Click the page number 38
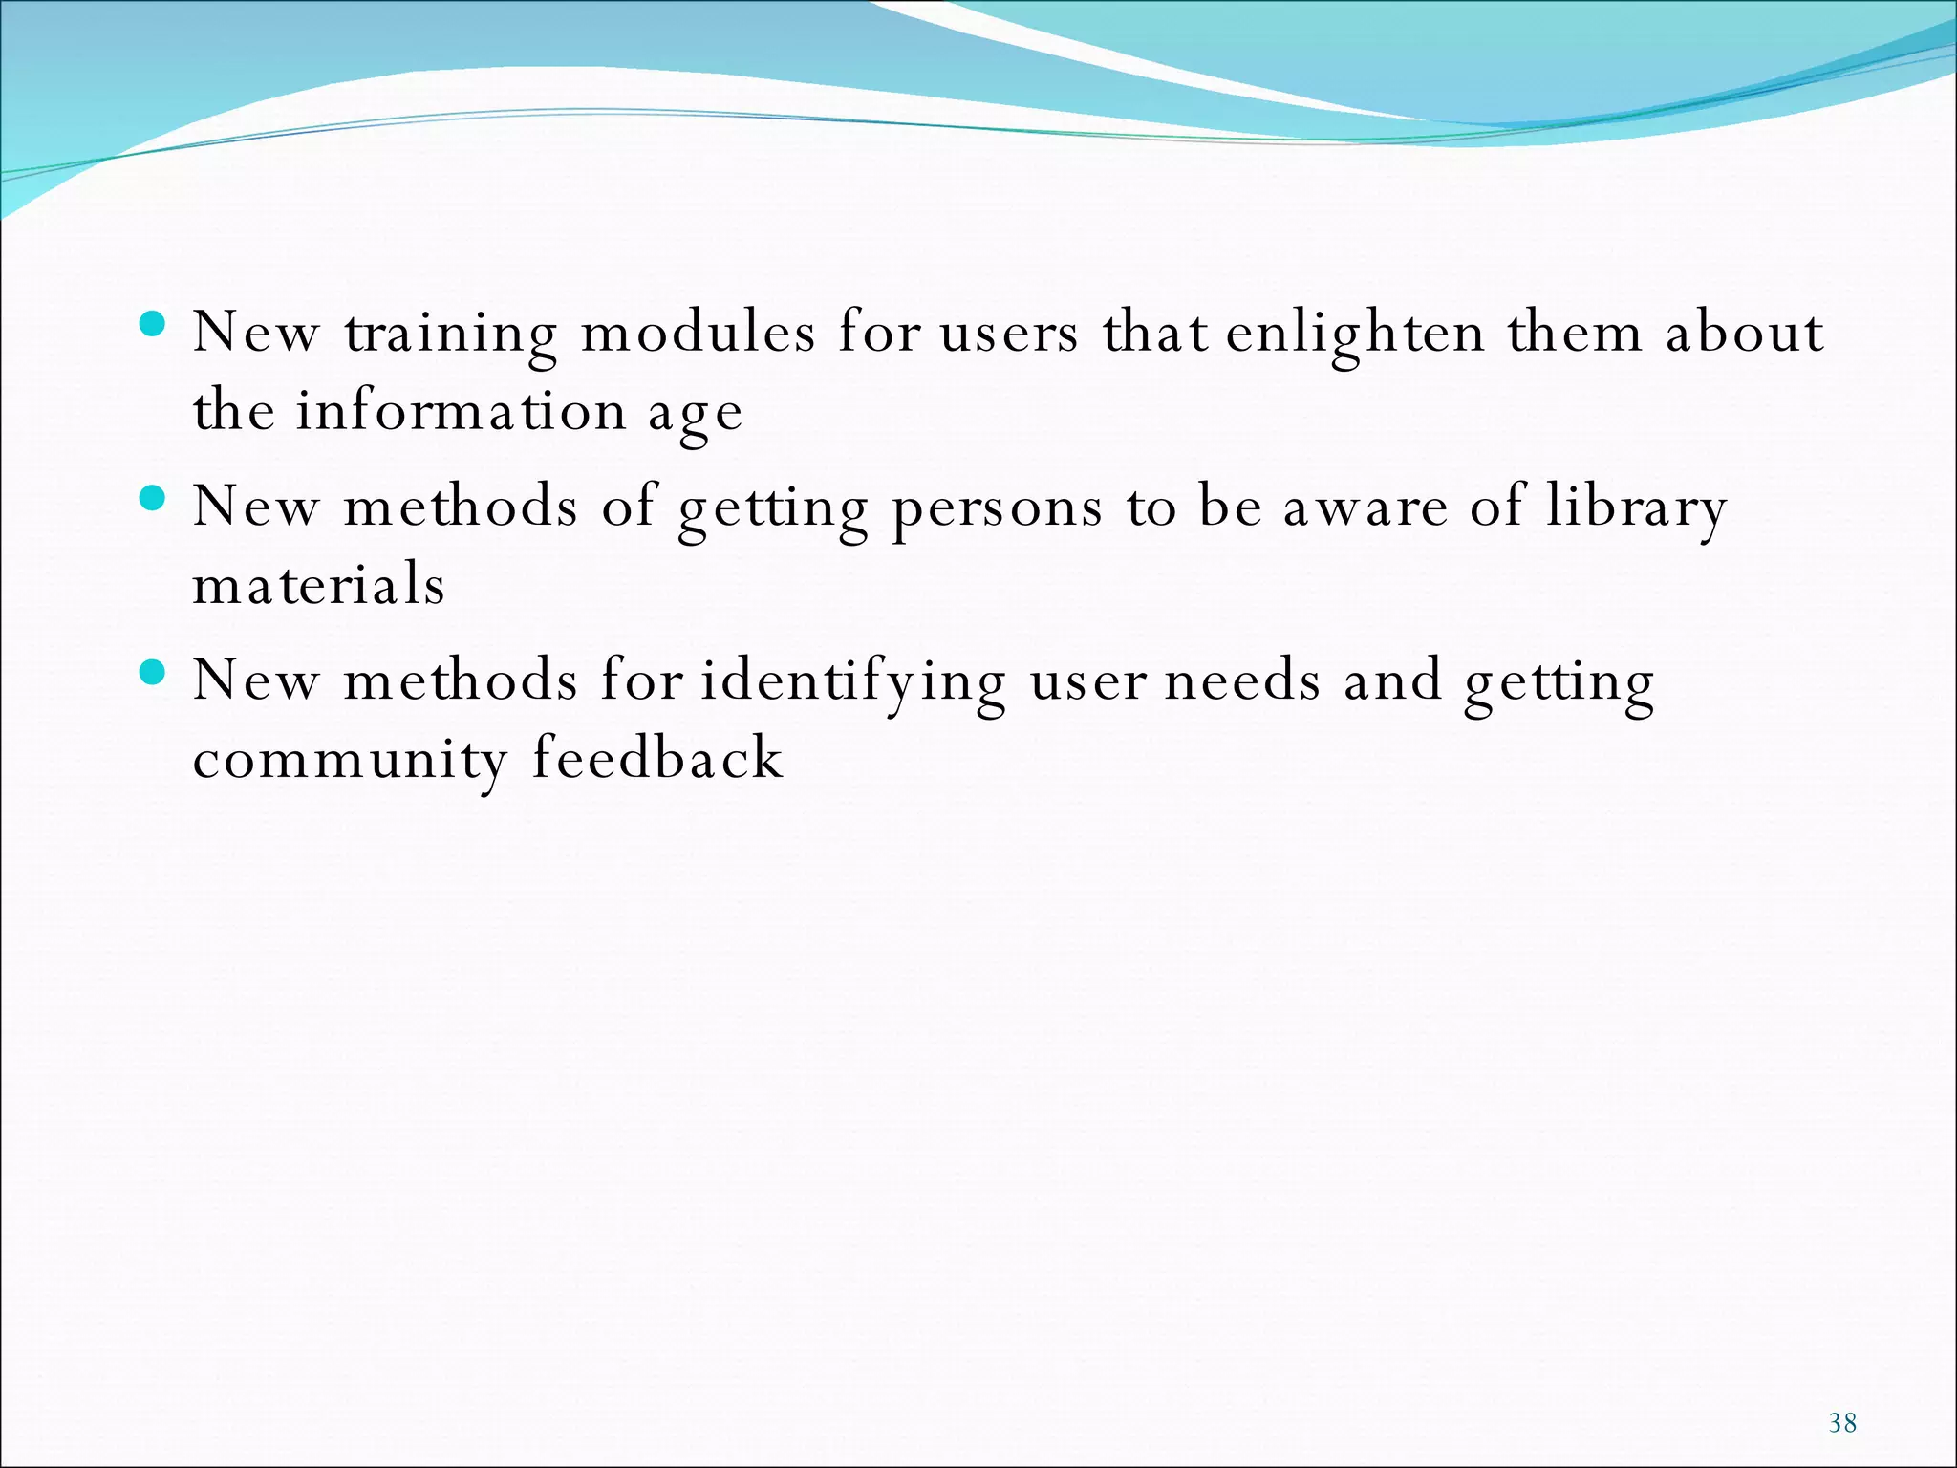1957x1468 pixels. pyautogui.click(x=1842, y=1423)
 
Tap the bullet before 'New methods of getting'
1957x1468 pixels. pyautogui.click(x=152, y=498)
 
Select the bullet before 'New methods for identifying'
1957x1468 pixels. pyautogui.click(x=152, y=672)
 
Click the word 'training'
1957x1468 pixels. pyautogui.click(x=450, y=335)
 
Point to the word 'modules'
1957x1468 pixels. pyautogui.click(x=699, y=334)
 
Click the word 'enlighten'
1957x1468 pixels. pyautogui.click(x=1355, y=335)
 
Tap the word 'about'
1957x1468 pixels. pyautogui.click(x=1745, y=334)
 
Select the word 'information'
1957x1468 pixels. pyautogui.click(x=461, y=412)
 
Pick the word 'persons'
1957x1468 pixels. pyautogui.click(x=997, y=509)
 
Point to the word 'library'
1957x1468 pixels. pyautogui.click(x=1637, y=507)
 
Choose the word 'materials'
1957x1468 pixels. pyautogui.click(x=319, y=585)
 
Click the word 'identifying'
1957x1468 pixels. pyautogui.click(x=852, y=683)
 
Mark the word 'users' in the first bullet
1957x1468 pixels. pyautogui.click(x=1009, y=335)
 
